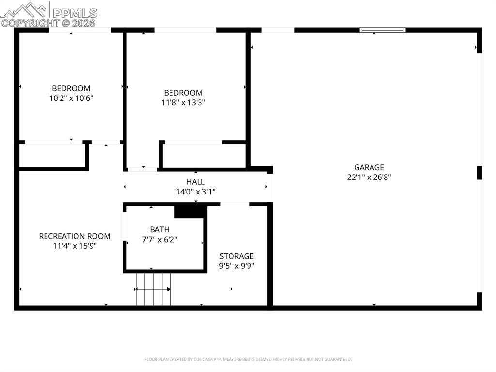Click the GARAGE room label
pos(369,167)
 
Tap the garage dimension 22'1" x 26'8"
pos(369,177)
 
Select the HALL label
pos(195,182)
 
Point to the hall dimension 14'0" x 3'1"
pos(195,192)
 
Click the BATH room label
pos(159,229)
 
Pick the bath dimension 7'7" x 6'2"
pos(159,239)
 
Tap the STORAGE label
pos(236,256)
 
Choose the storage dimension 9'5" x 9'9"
pos(236,265)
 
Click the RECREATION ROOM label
pos(75,236)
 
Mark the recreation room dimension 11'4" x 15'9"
pos(75,245)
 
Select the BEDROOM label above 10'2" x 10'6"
pos(71,88)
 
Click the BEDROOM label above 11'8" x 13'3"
pos(183,93)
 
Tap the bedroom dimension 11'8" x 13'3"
pos(183,102)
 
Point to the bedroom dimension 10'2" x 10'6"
pos(71,98)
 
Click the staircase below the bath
pos(154,289)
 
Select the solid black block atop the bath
pos(190,211)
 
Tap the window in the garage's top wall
pos(383,30)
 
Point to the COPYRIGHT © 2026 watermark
pos(48,23)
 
